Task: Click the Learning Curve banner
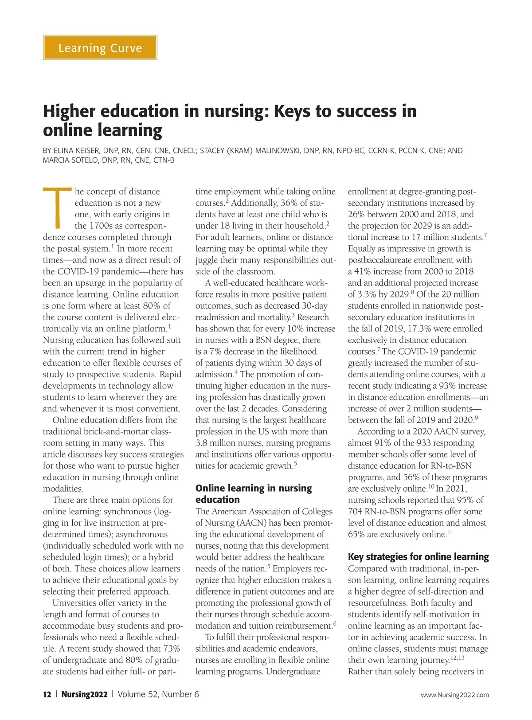click(x=100, y=48)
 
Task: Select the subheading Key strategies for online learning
click(x=418, y=557)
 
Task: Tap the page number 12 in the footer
click(x=47, y=694)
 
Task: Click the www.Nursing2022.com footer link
click(x=454, y=695)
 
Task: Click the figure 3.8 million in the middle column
click(x=219, y=443)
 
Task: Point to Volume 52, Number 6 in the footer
click(x=158, y=694)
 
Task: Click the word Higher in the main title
click(x=71, y=111)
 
